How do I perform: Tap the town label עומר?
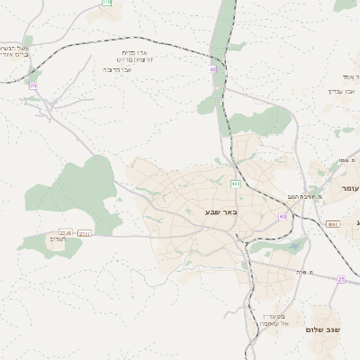click(350, 188)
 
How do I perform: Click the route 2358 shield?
click(65, 233)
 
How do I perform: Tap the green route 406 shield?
click(235, 184)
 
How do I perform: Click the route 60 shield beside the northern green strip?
click(212, 69)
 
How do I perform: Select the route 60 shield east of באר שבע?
click(283, 217)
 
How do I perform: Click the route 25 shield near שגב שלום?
click(341, 280)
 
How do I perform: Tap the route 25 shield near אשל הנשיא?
click(33, 85)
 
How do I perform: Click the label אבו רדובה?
click(117, 69)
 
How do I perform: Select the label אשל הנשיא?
click(15, 48)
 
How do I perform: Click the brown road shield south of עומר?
click(332, 224)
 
